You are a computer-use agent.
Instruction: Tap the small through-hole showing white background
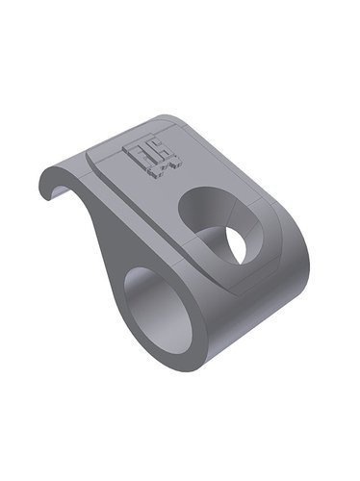coord(234,244)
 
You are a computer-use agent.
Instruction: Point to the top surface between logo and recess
coord(178,178)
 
